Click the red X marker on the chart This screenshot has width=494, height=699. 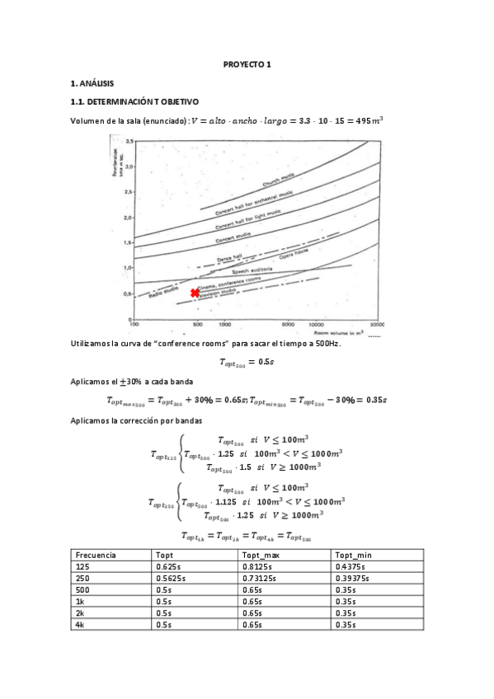click(195, 293)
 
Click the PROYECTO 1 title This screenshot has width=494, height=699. click(247, 64)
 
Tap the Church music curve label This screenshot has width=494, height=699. click(280, 181)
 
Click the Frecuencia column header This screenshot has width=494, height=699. click(96, 556)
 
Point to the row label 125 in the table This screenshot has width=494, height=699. click(81, 568)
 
